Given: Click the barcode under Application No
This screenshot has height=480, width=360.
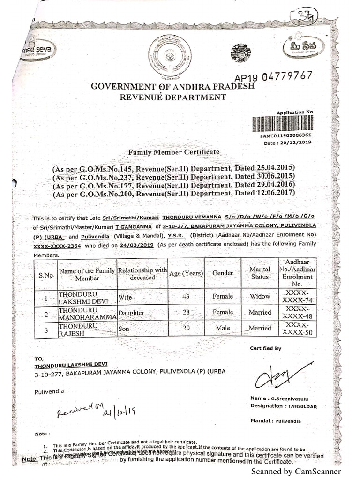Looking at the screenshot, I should coord(281,124).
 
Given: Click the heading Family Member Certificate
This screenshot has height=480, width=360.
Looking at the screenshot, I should coord(173,152).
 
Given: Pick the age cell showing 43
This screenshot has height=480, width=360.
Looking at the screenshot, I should coord(186,296).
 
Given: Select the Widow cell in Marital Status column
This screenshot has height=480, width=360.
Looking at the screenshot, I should coord(260,296).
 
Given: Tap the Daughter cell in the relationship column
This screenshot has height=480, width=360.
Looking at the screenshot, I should coord(131,312).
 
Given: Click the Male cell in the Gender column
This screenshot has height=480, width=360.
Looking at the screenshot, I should coord(223,328).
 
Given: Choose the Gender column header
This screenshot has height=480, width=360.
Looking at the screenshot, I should coord(223,273).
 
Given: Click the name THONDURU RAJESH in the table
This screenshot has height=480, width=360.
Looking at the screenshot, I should coord(77,328).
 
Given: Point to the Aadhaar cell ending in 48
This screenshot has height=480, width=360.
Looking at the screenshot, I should coord(297,312).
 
